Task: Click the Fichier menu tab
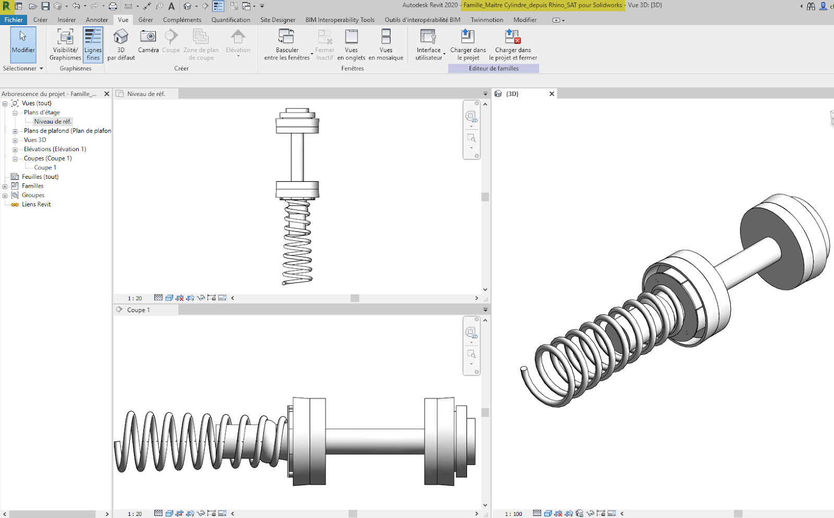point(14,20)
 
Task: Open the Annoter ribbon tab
point(96,20)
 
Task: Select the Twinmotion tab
point(486,20)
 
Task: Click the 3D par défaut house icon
point(121,37)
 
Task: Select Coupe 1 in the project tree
point(45,167)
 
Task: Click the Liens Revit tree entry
point(36,204)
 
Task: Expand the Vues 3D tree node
point(15,140)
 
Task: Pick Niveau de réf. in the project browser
point(52,121)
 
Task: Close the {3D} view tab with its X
point(551,94)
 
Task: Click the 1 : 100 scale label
point(513,514)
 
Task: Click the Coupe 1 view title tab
point(139,310)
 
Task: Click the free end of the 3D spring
point(524,370)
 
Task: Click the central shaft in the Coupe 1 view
point(375,440)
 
